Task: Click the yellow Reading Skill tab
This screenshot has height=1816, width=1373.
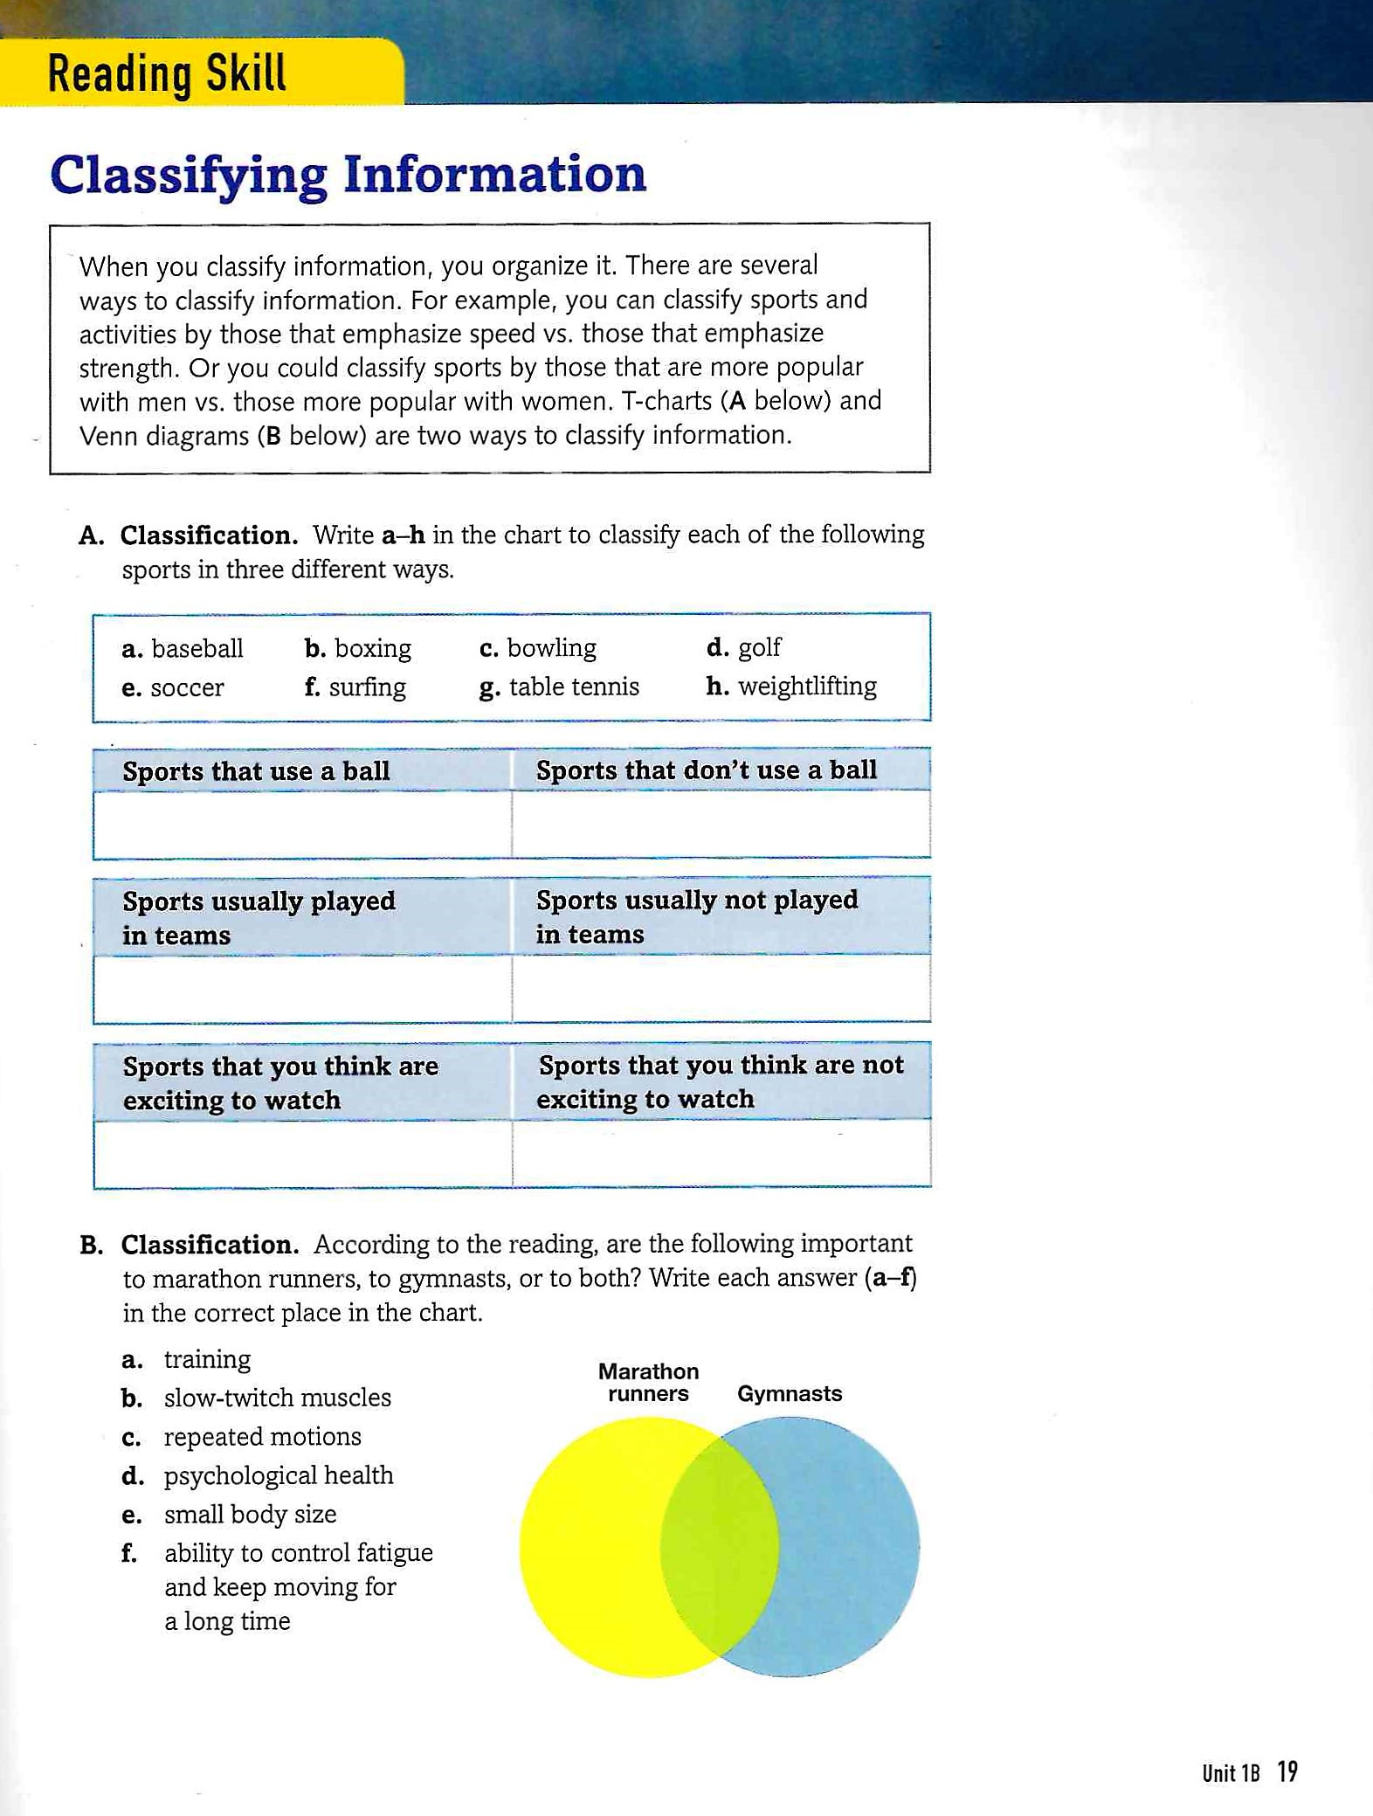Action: pos(201,73)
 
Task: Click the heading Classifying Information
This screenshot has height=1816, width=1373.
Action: pos(348,175)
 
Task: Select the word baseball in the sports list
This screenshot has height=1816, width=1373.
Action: pos(197,649)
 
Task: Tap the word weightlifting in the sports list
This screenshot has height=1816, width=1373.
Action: pos(807,687)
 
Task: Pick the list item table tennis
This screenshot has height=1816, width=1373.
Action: pos(574,687)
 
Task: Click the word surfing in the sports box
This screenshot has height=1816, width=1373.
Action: pos(367,687)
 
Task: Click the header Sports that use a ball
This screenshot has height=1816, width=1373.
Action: pos(256,771)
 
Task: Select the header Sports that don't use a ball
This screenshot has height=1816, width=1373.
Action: pos(706,770)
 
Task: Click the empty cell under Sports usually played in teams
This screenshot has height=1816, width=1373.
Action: pos(301,989)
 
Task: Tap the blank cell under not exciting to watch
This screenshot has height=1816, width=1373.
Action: pos(721,1153)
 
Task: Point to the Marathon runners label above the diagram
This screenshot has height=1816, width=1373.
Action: pos(648,1382)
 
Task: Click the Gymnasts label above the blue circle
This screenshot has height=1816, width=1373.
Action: pos(789,1393)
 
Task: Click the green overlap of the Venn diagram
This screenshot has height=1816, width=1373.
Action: pos(719,1546)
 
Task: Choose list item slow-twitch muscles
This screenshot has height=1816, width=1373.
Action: pos(277,1398)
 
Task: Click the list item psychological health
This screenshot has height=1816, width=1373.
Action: pos(278,1475)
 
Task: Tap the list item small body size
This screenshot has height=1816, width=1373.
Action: pos(250,1514)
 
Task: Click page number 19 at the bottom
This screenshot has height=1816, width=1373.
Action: pos(1287,1771)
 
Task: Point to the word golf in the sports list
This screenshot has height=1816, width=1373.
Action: pos(759,648)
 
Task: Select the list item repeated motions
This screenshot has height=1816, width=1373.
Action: pos(262,1437)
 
